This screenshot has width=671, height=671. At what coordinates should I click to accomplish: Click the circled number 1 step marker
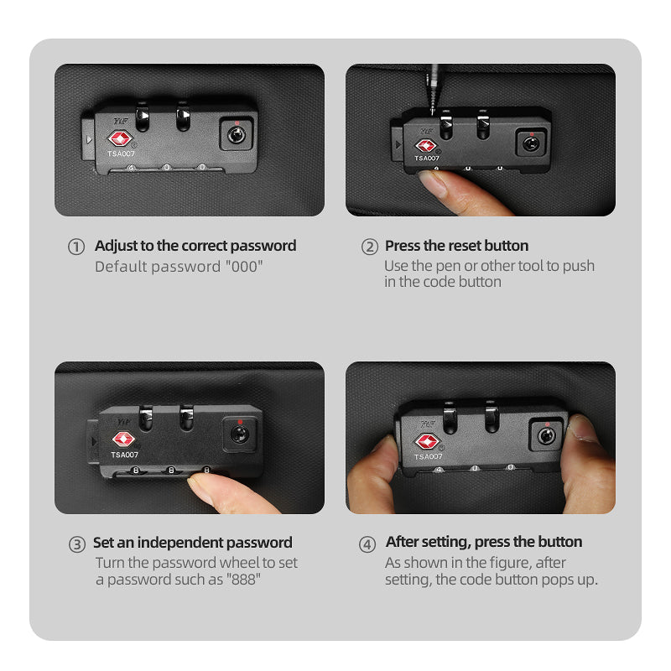click(76, 247)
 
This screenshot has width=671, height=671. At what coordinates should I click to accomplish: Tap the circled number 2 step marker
click(370, 247)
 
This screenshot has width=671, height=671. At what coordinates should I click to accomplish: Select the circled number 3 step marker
click(77, 544)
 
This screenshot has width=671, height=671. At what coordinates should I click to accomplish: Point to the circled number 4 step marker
click(367, 544)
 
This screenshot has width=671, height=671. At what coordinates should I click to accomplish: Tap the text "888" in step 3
click(243, 580)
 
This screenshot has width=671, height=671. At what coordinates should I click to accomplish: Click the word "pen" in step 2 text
click(448, 267)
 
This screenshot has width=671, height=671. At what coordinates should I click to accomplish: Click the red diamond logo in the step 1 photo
click(120, 138)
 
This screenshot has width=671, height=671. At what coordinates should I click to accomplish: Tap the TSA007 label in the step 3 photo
click(124, 455)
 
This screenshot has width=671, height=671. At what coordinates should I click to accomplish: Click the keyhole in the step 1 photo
click(237, 135)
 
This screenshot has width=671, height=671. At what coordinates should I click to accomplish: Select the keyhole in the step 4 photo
click(547, 436)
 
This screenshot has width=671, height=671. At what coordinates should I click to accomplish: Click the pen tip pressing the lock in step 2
click(433, 112)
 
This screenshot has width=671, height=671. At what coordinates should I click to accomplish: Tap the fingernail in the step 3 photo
click(202, 487)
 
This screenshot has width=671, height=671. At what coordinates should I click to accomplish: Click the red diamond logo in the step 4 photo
click(427, 442)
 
